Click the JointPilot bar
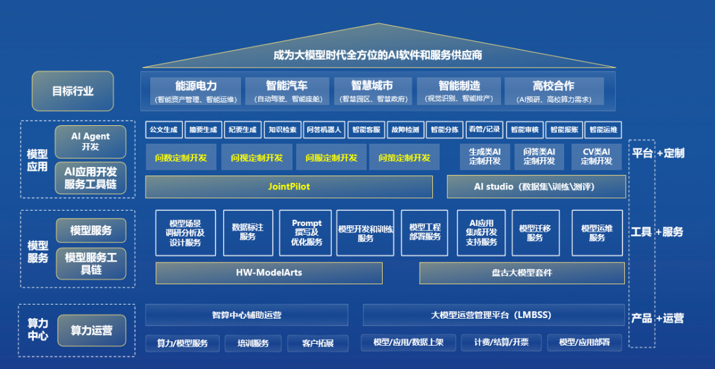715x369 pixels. tap(289, 187)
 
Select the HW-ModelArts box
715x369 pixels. tap(269, 273)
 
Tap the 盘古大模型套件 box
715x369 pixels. tap(522, 273)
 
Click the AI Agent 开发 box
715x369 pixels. tap(91, 140)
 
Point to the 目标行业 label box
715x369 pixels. tap(73, 91)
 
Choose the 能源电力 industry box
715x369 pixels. tap(196, 91)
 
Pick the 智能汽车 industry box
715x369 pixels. tap(287, 91)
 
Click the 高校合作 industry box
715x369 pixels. tap(553, 91)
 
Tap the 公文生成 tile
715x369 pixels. tap(164, 130)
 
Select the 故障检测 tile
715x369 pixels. tap(405, 130)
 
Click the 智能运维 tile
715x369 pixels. tap(603, 130)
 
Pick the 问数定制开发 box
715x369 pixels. tap(181, 158)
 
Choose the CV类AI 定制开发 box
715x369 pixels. tap(596, 156)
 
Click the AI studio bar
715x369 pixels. tap(536, 187)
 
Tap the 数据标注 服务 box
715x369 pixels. tap(248, 232)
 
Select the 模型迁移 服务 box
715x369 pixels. tap(535, 233)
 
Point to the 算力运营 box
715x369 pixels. tap(91, 330)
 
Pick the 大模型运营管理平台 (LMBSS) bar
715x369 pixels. tap(491, 315)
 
